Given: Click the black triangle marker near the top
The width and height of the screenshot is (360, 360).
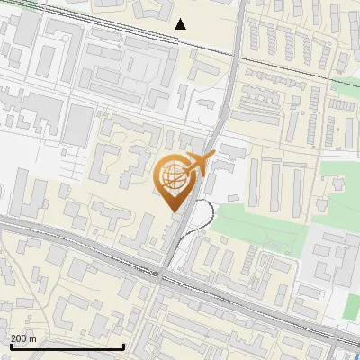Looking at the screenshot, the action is (181, 23).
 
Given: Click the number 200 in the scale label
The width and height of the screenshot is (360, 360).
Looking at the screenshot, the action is (19, 338).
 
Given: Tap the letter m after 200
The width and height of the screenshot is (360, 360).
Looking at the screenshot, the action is (33, 338).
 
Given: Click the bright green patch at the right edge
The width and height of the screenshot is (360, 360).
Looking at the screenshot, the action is (352, 306).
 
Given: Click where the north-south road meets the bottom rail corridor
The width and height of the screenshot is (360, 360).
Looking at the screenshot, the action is (162, 272).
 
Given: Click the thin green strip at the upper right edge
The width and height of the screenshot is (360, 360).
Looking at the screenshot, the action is (346, 85).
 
